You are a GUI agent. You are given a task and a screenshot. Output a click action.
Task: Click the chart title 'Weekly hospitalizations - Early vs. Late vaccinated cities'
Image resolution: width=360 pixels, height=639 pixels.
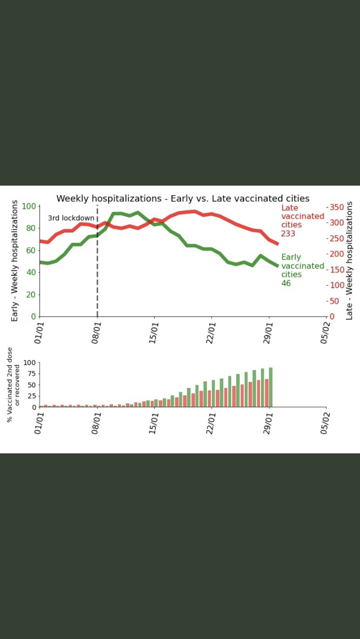click(183, 198)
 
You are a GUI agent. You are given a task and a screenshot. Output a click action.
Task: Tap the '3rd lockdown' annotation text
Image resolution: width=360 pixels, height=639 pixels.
click(71, 218)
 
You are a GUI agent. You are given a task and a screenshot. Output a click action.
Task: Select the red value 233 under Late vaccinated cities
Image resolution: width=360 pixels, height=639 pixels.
click(288, 233)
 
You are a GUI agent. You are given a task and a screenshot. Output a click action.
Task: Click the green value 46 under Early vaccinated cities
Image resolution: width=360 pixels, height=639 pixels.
click(286, 283)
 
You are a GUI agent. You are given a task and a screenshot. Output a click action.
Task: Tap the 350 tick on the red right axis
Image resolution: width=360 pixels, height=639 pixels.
click(336, 207)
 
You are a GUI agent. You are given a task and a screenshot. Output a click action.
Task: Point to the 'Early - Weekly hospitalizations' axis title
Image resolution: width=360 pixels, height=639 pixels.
click(15, 261)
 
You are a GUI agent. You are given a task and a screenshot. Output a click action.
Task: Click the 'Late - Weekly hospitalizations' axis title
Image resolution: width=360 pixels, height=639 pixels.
click(349, 261)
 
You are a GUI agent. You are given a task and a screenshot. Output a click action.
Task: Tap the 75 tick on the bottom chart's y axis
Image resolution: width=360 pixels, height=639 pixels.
click(31, 373)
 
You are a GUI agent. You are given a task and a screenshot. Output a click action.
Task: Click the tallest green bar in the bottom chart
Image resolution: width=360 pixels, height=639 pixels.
click(271, 387)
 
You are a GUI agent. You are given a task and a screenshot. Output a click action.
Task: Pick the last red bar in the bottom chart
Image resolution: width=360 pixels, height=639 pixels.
click(267, 393)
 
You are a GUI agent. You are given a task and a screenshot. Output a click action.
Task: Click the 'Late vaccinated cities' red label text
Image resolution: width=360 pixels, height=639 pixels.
click(303, 217)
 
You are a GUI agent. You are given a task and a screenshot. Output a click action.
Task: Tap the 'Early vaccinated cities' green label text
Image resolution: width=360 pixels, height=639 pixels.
click(303, 265)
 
